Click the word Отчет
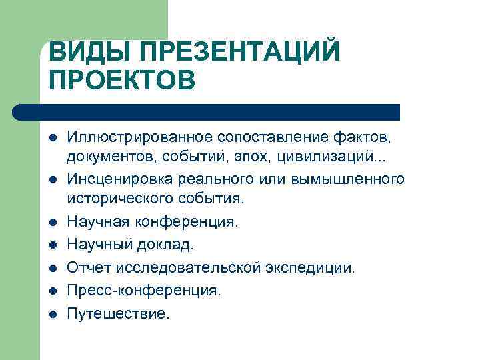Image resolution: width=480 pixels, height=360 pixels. point(88,267)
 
